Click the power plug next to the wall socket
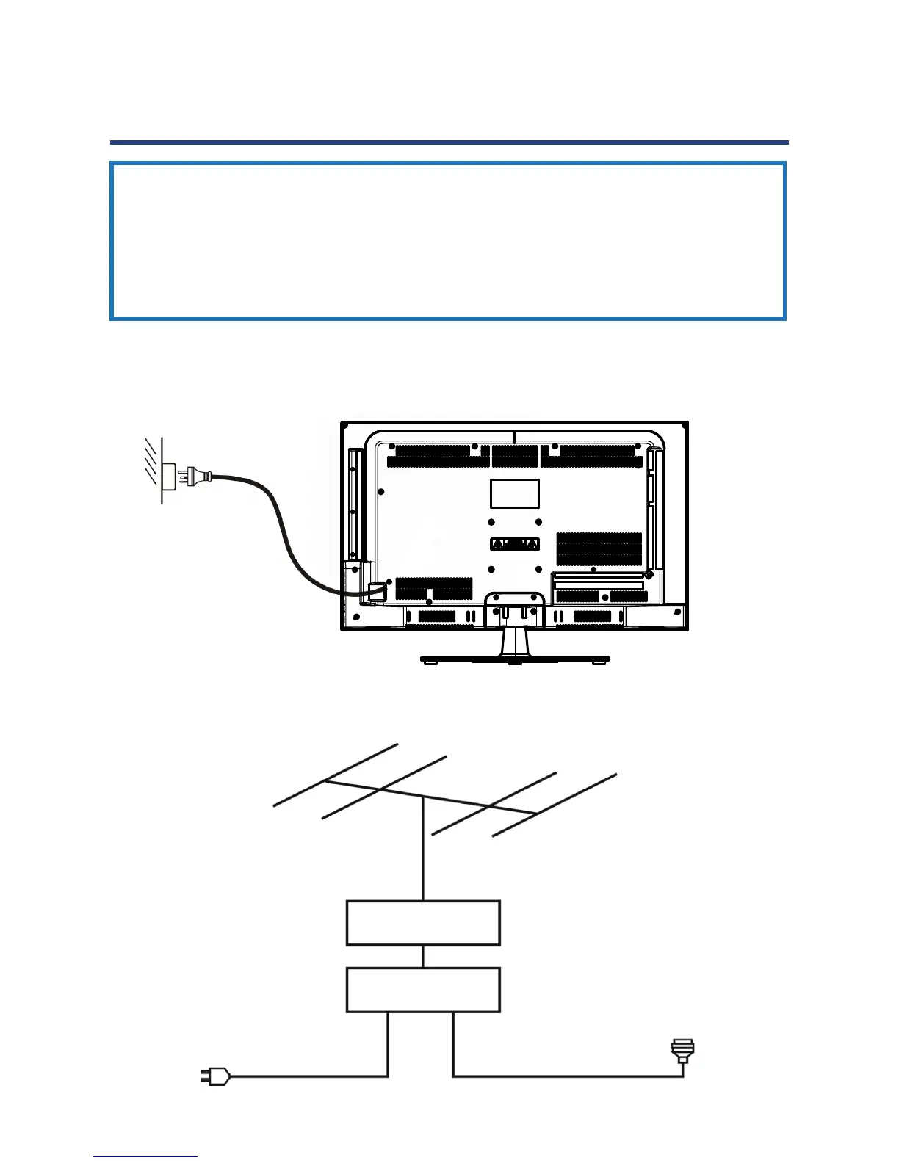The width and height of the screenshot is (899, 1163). coord(196,475)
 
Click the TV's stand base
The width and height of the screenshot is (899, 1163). coord(514,659)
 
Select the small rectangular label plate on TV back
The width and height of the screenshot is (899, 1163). coord(514,493)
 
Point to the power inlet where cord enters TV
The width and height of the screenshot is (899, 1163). coord(377,590)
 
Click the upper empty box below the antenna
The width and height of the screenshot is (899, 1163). coord(423,923)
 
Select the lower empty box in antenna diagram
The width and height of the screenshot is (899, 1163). coord(423,990)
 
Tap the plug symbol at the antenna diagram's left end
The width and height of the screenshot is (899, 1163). coord(215,1077)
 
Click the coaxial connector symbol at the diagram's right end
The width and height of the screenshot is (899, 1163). coord(683,1051)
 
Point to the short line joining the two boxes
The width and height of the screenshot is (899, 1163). coord(423,957)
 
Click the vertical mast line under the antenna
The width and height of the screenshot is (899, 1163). coord(423,848)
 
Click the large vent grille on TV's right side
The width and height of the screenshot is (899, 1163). coord(599,548)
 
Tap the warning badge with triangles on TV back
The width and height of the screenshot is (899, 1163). coord(514,544)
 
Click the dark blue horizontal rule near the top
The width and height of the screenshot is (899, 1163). coord(449,142)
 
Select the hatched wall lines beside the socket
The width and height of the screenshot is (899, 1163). coord(151,461)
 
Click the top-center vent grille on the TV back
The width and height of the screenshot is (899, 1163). coord(514,456)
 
